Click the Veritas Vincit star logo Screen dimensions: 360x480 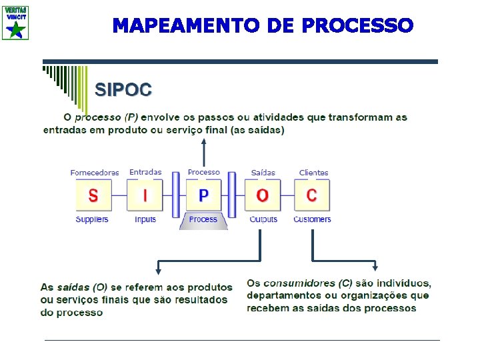click(15, 22)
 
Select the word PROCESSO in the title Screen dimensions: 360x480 click(357, 26)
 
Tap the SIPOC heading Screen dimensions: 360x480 click(123, 89)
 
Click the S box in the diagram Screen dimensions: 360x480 click(93, 195)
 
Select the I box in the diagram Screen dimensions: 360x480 click(145, 195)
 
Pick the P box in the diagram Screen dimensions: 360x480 click(203, 195)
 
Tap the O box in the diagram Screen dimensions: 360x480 click(263, 195)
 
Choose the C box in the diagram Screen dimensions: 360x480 click(312, 195)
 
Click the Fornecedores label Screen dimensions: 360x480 click(95, 173)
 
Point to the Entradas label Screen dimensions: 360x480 click(145, 172)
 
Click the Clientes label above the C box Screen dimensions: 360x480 click(313, 173)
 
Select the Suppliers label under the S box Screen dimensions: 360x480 click(92, 219)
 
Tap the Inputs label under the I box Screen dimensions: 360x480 click(145, 219)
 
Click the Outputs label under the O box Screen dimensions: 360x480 click(263, 219)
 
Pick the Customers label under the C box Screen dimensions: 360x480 click(312, 219)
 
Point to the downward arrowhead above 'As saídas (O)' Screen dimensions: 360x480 click(158, 269)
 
